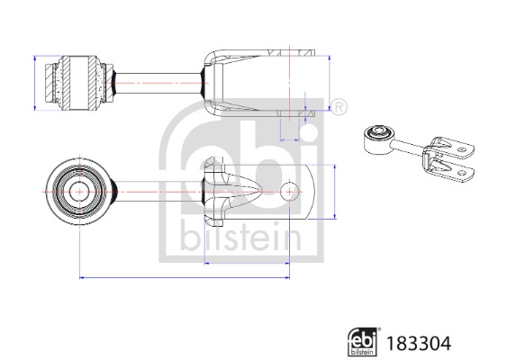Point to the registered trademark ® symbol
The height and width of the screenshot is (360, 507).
tap(340, 109)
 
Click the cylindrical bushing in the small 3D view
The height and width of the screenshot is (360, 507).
tap(376, 138)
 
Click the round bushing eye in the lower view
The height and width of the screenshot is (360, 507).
tap(77, 192)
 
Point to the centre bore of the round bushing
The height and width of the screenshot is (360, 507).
tap(77, 192)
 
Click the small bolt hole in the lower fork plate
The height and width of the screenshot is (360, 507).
tap(290, 192)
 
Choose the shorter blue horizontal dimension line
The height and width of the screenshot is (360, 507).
tap(248, 263)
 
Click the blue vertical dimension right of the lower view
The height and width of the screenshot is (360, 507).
tap(335, 192)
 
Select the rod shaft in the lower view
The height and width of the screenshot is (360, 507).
tap(153, 192)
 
